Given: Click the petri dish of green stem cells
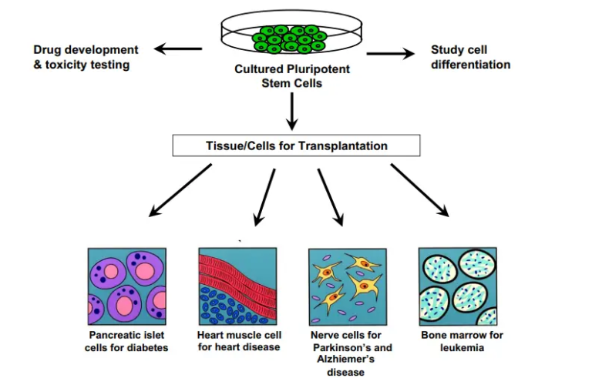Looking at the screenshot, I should coord(292,35).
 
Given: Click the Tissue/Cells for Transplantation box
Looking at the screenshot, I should coord(296,146).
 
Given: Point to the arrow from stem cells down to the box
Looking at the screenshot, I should coord(292,110).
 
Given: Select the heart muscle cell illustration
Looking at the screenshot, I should coord(237,286).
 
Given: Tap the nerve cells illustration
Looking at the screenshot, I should coord(348,286).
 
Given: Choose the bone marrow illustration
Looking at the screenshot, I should coord(457,286).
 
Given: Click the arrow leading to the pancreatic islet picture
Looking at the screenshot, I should coord(180,189).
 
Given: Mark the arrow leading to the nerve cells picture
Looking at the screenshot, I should coord(330,196).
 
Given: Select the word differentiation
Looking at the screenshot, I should coord(470,65).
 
